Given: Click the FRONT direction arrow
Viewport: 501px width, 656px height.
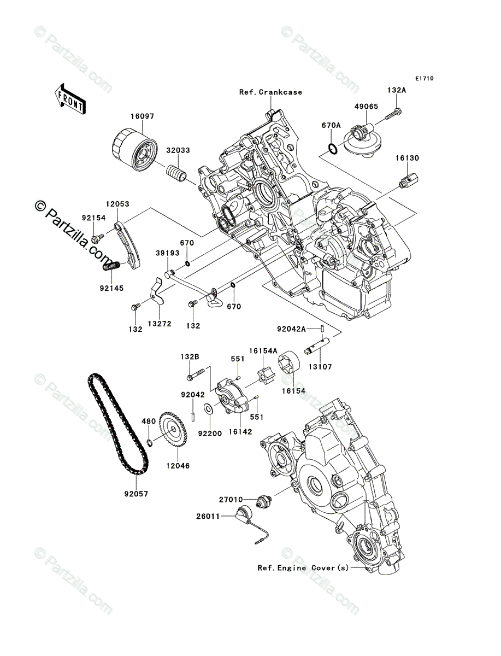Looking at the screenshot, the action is (70, 98).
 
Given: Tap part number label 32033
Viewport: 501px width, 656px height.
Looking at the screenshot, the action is (178, 150).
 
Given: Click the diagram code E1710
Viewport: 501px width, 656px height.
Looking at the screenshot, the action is (425, 79).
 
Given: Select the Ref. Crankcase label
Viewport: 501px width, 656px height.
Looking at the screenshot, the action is (270, 92).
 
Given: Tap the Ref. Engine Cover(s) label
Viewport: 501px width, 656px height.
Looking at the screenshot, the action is (303, 568).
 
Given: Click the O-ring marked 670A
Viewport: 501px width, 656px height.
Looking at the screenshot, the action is (333, 149).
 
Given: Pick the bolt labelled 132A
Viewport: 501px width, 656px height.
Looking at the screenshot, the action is (393, 115).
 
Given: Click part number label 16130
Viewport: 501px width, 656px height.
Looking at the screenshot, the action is (407, 158).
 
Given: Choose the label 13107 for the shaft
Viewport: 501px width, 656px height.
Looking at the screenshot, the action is (320, 367).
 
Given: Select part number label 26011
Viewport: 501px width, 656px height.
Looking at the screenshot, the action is (208, 517).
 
